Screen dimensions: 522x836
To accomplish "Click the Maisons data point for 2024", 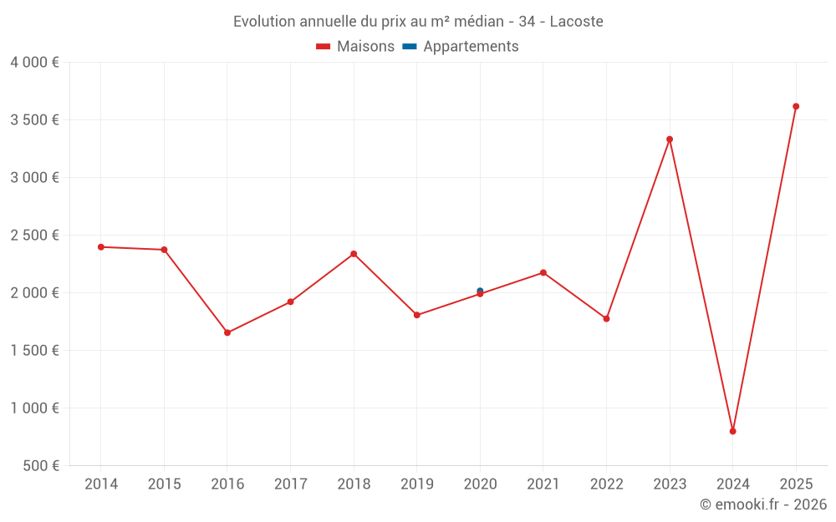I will [x=732, y=431].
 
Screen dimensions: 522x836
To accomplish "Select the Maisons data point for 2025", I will [x=796, y=106].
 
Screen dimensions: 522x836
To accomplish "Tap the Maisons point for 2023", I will [x=670, y=139].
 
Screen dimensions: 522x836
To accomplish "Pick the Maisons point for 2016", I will [x=227, y=332].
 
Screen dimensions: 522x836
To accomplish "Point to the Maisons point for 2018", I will [x=354, y=254].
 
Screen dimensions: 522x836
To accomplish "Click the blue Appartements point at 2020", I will [x=480, y=290].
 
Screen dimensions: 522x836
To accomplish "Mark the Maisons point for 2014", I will [x=101, y=247].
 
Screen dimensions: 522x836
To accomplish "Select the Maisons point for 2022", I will [x=606, y=318].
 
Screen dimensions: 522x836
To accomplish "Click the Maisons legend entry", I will [x=355, y=47].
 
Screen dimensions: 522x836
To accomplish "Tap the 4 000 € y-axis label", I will [x=34, y=62].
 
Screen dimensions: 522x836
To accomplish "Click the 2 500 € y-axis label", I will [x=34, y=235].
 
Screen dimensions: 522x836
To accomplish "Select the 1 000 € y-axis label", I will [x=34, y=408].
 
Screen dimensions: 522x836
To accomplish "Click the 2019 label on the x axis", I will [x=416, y=484].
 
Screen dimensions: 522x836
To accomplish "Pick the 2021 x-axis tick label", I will [x=543, y=484].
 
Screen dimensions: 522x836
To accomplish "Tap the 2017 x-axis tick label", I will [x=290, y=484].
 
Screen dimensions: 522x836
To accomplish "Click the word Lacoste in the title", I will [x=576, y=22].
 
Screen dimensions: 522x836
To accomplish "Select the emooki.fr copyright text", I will [x=763, y=504].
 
